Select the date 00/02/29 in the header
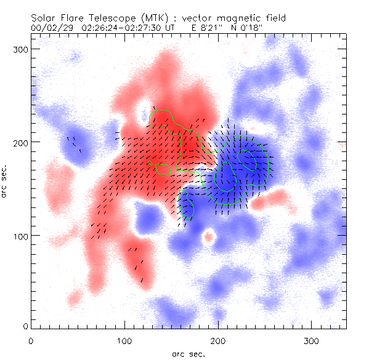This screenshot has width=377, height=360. [51, 28]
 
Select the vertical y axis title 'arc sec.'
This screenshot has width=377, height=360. [5, 180]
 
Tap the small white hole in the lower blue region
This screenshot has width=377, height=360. [209, 236]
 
